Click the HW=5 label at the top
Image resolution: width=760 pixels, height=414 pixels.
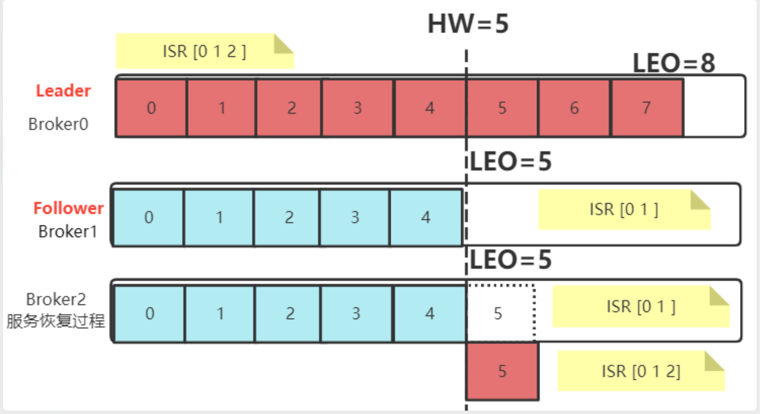pyautogui.click(x=468, y=24)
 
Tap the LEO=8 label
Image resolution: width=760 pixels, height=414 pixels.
pyautogui.click(x=673, y=63)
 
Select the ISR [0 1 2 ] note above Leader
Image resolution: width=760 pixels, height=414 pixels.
pyautogui.click(x=204, y=51)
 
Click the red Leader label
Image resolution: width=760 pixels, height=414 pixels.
pyautogui.click(x=63, y=91)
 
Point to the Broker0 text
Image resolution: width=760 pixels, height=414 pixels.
pyautogui.click(x=58, y=124)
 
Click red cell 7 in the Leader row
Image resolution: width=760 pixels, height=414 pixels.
pyautogui.click(x=646, y=108)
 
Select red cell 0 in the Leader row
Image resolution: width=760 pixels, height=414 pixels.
pyautogui.click(x=151, y=108)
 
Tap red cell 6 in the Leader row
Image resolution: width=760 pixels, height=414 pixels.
pyautogui.click(x=574, y=108)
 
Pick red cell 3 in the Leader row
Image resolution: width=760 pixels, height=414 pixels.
pyautogui.click(x=358, y=108)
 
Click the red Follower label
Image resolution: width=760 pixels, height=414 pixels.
pyautogui.click(x=68, y=208)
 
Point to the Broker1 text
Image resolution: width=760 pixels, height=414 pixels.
pyautogui.click(x=68, y=231)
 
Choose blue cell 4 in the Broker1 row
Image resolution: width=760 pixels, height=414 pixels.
pyautogui.click(x=426, y=217)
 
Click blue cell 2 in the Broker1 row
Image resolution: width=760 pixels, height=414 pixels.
pyautogui.click(x=289, y=217)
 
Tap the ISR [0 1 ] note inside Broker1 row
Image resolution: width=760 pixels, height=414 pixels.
pyautogui.click(x=624, y=209)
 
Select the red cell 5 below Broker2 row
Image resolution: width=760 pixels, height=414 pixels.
pyautogui.click(x=502, y=371)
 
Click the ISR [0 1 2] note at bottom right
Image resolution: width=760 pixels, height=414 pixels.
pyautogui.click(x=641, y=371)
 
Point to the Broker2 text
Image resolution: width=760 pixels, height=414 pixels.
pyautogui.click(x=56, y=299)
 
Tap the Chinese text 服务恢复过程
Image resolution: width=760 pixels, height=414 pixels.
pyautogui.click(x=56, y=321)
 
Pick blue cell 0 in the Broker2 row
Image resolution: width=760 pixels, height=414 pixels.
pyautogui.click(x=150, y=314)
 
